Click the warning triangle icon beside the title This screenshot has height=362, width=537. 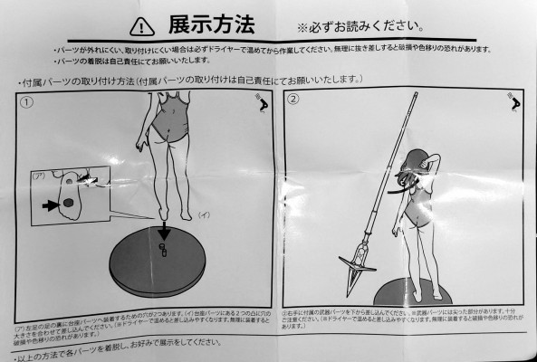point(141,24)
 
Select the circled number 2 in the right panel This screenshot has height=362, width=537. point(294,101)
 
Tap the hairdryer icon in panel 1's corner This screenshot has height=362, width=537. point(261,106)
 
